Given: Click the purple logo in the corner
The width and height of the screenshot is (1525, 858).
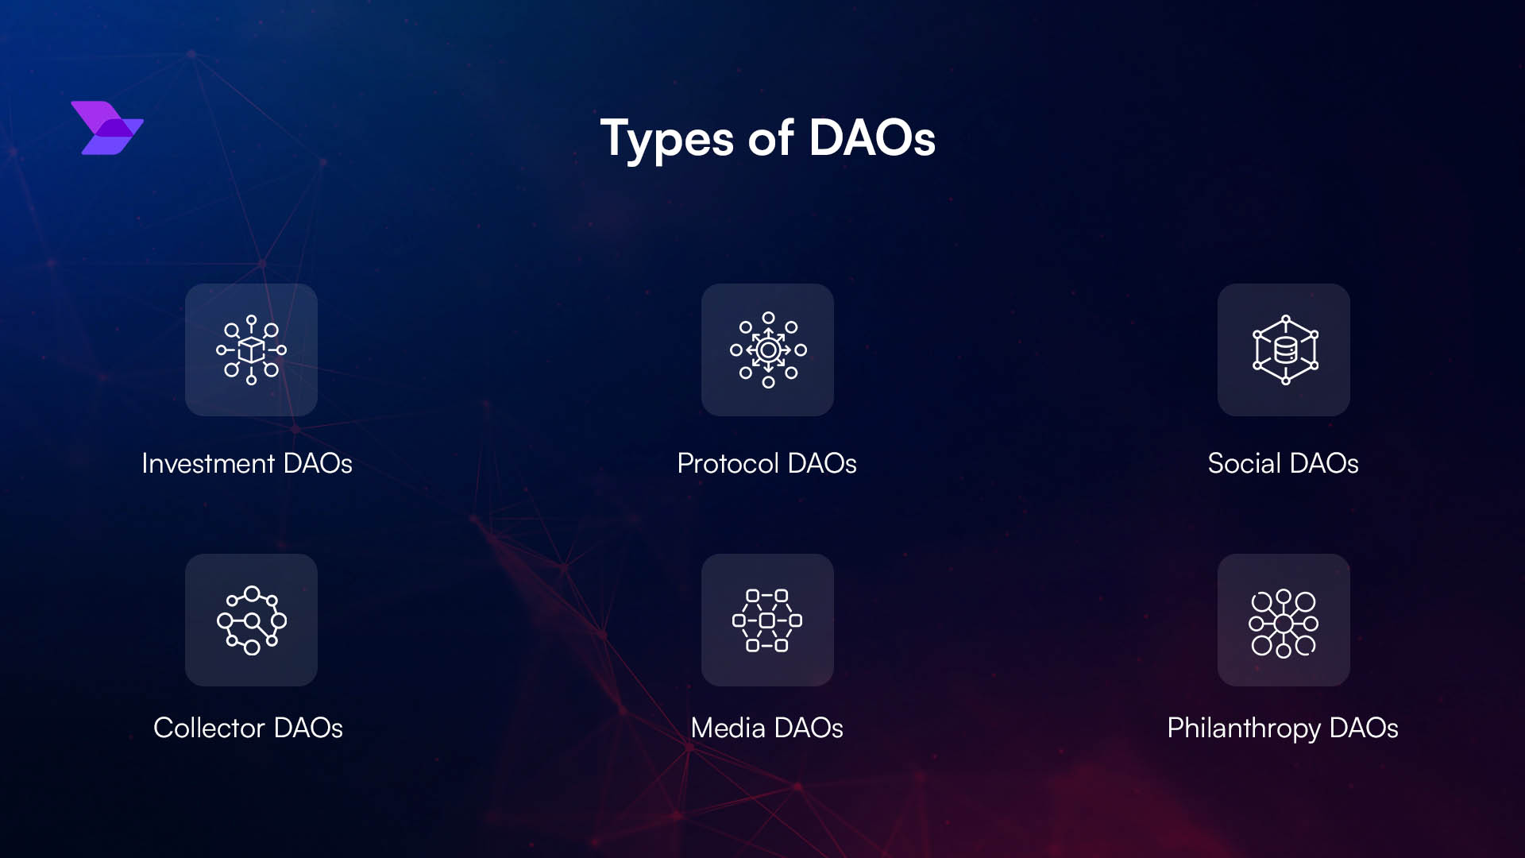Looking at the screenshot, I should click(x=107, y=128).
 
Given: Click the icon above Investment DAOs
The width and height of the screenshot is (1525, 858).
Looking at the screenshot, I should click(x=251, y=350).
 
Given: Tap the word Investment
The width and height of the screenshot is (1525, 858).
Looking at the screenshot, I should click(x=208, y=463).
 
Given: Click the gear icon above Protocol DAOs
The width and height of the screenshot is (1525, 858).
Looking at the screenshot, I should click(x=768, y=350).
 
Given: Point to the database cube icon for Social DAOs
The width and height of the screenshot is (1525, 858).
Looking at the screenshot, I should click(x=1284, y=350).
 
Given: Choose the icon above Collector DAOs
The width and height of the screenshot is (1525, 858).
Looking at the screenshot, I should click(x=251, y=620).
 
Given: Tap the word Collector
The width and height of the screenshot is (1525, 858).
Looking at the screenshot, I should click(x=209, y=728).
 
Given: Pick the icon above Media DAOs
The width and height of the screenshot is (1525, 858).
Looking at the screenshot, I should click(x=767, y=620).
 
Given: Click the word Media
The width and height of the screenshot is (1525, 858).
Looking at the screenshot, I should click(x=728, y=728).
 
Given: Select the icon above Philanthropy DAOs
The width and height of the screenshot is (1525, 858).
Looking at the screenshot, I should click(x=1284, y=623).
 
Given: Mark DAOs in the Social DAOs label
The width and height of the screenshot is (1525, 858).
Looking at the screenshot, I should click(x=1324, y=463).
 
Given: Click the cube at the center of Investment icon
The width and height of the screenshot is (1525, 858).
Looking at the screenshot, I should click(x=251, y=350).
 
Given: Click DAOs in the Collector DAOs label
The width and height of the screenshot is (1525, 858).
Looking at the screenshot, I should click(x=308, y=728).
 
